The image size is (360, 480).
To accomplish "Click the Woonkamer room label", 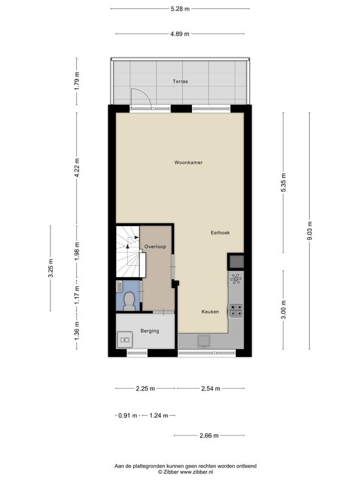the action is coord(188,163).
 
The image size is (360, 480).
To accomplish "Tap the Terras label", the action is coord(181,82).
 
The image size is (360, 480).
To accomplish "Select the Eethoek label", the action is coord(220,233).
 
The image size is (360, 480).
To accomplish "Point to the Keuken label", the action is coord(210,311).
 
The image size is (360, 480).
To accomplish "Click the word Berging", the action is coord(149,331).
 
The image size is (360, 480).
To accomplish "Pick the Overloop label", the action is coord(155,247).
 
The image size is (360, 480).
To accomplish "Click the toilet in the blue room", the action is coord(129,301).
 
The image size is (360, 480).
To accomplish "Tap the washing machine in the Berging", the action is coord(125,340).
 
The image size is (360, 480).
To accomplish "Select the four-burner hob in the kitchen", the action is coord(236,310).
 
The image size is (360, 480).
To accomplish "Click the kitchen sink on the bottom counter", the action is coord(204,340).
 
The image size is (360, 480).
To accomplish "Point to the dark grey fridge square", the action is coord(236,262).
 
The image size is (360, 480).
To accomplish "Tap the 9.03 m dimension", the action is coord(310,231).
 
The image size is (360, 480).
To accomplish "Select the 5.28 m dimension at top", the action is coord(180,9).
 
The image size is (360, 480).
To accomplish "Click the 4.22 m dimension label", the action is coord(77,167).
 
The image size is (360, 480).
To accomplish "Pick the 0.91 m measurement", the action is coord(128,415).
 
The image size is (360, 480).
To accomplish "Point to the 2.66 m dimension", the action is coord(209,436).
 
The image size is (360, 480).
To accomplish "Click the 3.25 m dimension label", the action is coord(50,268).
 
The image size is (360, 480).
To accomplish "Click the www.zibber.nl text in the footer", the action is coord(196,472).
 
